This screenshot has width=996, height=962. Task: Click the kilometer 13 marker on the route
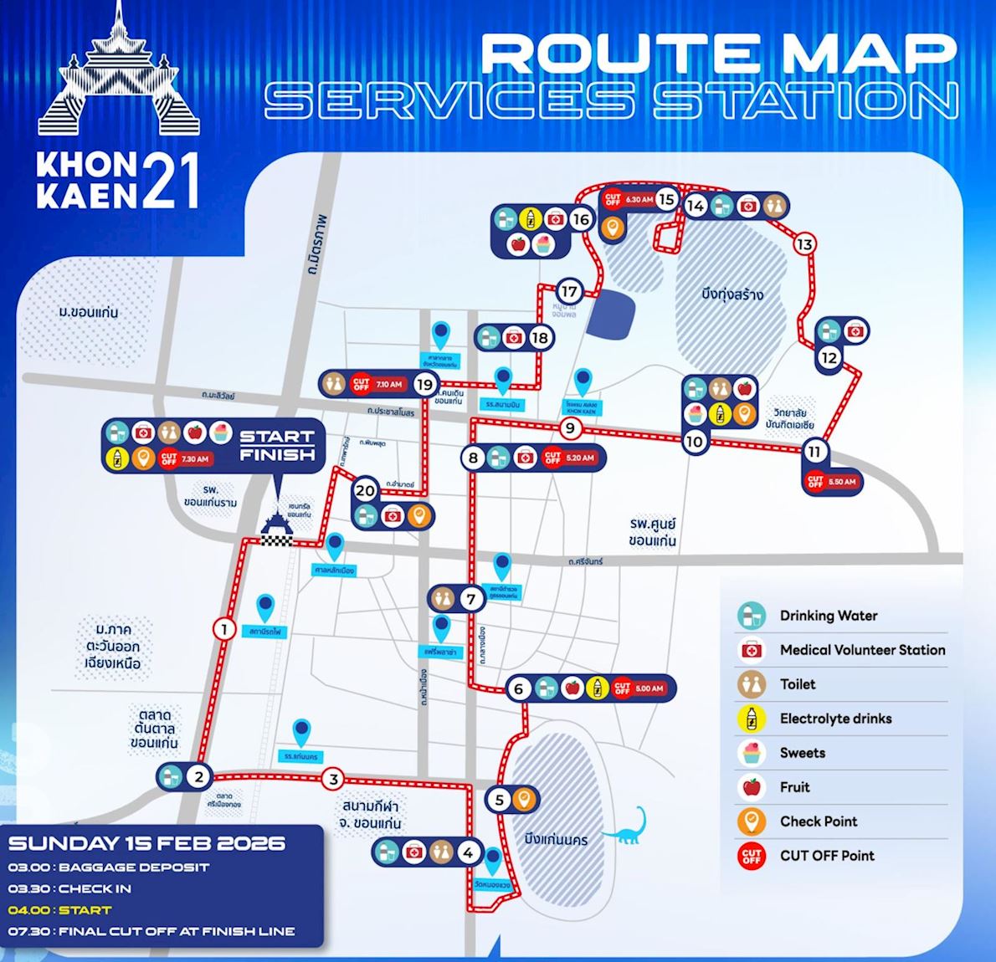point(804,244)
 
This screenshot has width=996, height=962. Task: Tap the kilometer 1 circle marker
point(223,629)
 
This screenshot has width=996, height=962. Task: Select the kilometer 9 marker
point(570,429)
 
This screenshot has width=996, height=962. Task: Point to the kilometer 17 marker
point(569,292)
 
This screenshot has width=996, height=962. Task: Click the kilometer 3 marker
point(333,780)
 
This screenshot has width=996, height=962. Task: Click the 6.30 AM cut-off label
point(628,200)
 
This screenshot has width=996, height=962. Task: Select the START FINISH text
point(277,445)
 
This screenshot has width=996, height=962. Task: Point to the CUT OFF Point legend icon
point(752,856)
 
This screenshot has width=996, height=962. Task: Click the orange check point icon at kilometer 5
point(523,799)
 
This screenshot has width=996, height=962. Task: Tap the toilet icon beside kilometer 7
point(441,598)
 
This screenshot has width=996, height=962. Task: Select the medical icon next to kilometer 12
point(856,331)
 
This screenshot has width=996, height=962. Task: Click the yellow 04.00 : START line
point(59,910)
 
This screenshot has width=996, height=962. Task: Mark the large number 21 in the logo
point(171,182)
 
